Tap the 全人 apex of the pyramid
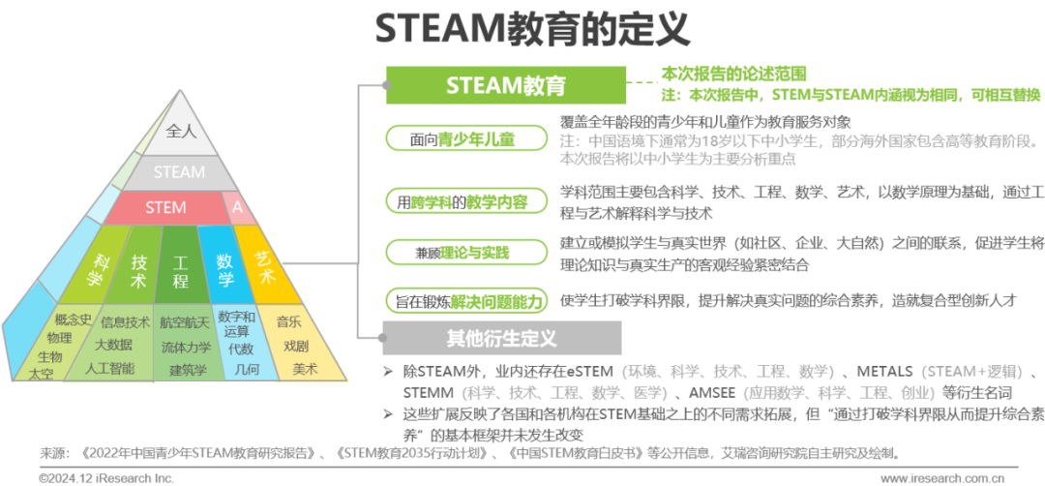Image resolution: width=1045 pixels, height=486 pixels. pos(181,130)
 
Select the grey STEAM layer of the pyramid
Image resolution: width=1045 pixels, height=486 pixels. pos(179,172)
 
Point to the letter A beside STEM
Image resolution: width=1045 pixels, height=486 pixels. pos(238,207)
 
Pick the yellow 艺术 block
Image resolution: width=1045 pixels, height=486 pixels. pos(263,266)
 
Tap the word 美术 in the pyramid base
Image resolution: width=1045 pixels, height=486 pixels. pos(305,368)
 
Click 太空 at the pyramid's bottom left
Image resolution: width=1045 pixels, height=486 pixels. pos(41,373)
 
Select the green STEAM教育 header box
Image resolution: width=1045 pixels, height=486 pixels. pos(505,85)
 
